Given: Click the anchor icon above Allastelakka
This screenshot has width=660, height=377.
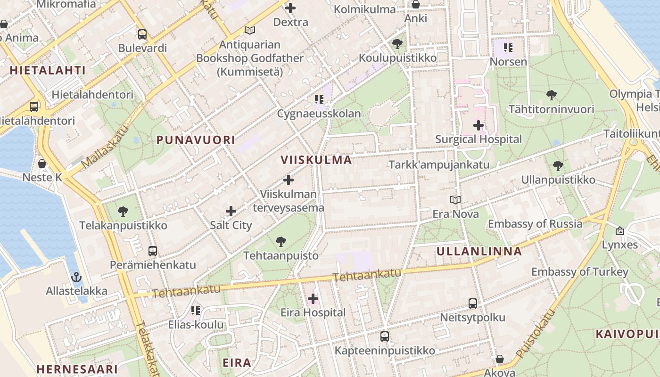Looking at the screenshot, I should (76, 277).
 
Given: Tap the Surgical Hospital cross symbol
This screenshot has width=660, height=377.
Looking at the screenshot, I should (478, 125).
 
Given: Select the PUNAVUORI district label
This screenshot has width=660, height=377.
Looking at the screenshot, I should (196, 140).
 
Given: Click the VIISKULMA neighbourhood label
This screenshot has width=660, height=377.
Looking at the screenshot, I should (316, 160).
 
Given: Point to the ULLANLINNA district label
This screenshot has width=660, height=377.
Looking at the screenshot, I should (479, 251).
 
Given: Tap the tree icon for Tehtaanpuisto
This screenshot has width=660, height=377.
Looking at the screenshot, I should (281, 242).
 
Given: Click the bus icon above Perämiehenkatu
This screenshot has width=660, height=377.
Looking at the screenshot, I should (153, 251).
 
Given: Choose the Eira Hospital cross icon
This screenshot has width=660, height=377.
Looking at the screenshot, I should (313, 298).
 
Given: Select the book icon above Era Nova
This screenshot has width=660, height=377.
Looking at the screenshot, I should (455, 200).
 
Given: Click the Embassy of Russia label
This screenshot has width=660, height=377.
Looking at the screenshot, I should (535, 224).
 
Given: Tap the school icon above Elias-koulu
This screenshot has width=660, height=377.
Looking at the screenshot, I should (196, 311).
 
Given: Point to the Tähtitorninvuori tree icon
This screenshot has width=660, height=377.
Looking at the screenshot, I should (551, 95).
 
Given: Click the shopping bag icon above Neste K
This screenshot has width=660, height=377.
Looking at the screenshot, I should (42, 164).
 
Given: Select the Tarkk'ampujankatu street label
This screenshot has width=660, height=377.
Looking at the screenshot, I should (439, 165).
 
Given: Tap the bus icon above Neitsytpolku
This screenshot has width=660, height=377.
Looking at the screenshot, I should (473, 303).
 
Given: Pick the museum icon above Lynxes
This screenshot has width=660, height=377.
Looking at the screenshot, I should (619, 231).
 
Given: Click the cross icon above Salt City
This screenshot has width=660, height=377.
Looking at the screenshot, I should (231, 211).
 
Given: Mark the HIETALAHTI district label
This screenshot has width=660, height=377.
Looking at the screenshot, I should (48, 71).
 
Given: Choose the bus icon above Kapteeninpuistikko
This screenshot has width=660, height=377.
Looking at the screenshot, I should (385, 336).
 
